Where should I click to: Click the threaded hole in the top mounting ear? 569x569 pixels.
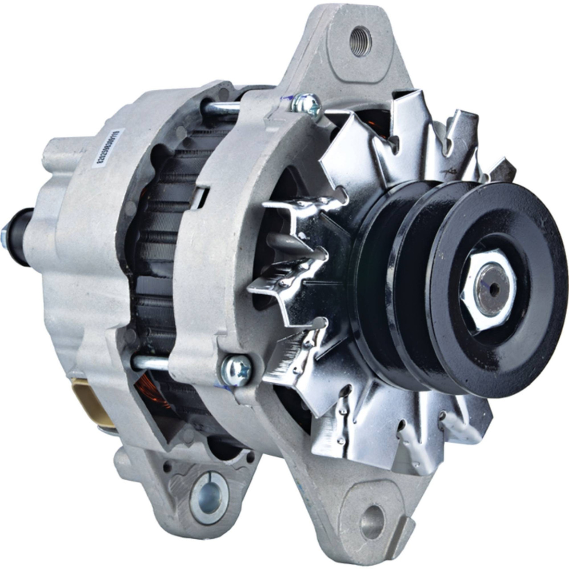(360, 35)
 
